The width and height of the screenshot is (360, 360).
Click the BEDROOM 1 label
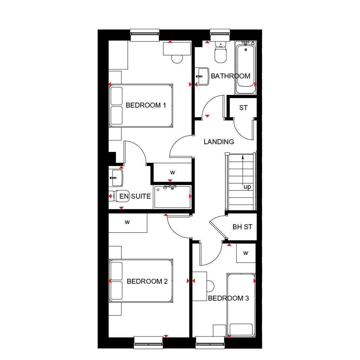pos(146,105)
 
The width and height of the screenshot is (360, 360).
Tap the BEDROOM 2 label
pos(147,281)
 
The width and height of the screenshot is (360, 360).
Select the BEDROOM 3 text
pos(228,298)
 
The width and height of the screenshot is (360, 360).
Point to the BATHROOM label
pos(231,76)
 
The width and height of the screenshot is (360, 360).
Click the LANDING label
pos(219,142)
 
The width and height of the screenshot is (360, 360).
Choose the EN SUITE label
pos(135,196)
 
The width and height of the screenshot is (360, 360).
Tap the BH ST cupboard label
pos(242,227)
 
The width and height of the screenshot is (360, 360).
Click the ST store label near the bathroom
pos(243,108)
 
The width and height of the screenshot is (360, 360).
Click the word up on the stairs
pos(247,187)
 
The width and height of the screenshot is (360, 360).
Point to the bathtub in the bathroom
pos(245,67)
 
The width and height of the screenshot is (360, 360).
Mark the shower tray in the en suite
pos(172,197)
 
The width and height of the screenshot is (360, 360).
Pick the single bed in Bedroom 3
pos(241,305)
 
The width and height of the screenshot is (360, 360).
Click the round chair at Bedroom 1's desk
pos(177,58)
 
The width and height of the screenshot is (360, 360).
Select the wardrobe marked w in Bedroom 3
pos(246,253)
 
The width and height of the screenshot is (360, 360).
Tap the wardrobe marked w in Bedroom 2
pos(127,222)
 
